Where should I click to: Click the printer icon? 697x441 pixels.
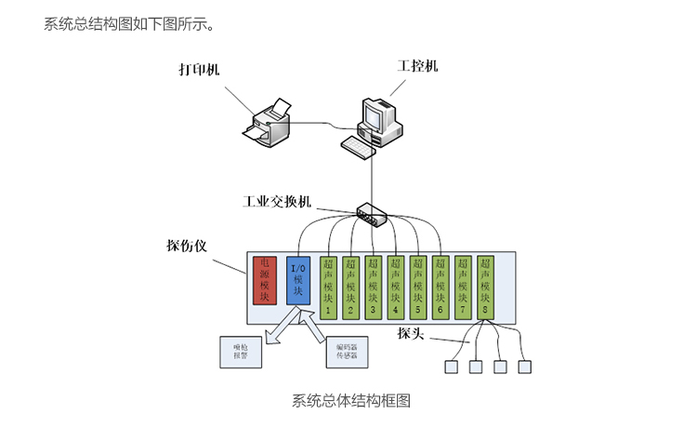(x=270, y=121)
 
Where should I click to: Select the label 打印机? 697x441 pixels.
(x=200, y=71)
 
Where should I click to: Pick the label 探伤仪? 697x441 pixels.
(x=186, y=247)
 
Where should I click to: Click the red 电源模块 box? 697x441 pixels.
(x=265, y=280)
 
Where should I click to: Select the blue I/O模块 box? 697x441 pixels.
(x=297, y=280)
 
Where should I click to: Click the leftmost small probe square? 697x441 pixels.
(x=453, y=367)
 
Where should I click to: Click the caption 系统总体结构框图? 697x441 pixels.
(x=350, y=401)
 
